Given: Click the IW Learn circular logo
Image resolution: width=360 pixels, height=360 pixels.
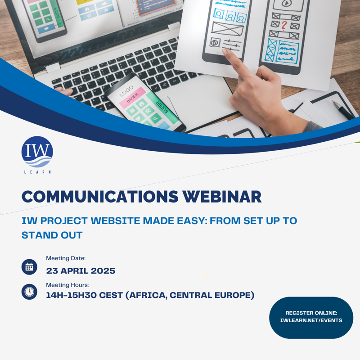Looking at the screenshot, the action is click(x=37, y=152).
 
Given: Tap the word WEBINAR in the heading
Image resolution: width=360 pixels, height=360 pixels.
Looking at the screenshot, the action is click(x=222, y=197).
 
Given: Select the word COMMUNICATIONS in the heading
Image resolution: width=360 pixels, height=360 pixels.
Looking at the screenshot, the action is click(x=100, y=197).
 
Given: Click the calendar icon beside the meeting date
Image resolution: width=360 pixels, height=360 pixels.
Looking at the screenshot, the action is click(x=29, y=267).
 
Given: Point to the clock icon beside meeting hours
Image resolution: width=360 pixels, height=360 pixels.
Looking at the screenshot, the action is click(x=29, y=292).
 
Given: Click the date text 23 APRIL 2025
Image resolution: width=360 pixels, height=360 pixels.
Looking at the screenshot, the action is click(x=81, y=271).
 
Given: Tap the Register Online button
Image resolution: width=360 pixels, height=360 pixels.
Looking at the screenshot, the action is click(x=311, y=318).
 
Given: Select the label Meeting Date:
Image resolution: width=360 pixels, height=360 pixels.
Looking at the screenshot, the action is click(x=66, y=258).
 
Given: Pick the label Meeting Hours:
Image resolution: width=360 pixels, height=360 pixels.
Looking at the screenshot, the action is click(x=67, y=285).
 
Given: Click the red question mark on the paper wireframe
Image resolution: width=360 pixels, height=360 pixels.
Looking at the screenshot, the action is click(x=284, y=26).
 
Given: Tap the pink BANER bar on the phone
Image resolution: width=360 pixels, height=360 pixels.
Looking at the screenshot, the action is click(x=133, y=97).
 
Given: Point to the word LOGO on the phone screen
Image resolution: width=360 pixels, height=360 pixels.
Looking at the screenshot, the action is click(x=126, y=91).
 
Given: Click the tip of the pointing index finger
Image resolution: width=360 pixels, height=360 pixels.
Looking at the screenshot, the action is click(x=224, y=51).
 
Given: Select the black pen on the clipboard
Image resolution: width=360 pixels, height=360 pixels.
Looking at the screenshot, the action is click(x=344, y=110).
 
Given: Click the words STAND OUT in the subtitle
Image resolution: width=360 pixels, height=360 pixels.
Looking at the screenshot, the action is click(x=52, y=235).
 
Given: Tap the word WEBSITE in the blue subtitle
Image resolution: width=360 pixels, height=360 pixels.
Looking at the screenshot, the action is click(x=115, y=220).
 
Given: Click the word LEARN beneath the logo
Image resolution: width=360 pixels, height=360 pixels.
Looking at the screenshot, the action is click(x=37, y=172).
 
